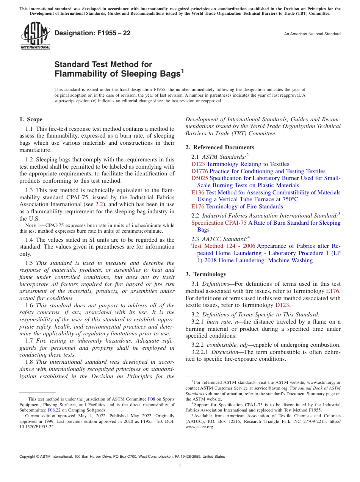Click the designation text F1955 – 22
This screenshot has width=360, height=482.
pyautogui.click(x=92, y=33)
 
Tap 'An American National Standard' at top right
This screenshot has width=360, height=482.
pyautogui.click(x=312, y=34)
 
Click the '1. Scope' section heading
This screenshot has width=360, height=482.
pyautogui.click(x=31, y=119)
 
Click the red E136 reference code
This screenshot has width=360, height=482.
pyautogui.click(x=198, y=192)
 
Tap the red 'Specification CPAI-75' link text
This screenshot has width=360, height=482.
pyautogui.click(x=219, y=223)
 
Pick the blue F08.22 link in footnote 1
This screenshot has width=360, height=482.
pyautogui.click(x=54, y=410)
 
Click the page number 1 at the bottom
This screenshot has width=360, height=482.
pyautogui.click(x=180, y=465)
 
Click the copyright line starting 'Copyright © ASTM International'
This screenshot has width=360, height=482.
pyautogui.click(x=122, y=457)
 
